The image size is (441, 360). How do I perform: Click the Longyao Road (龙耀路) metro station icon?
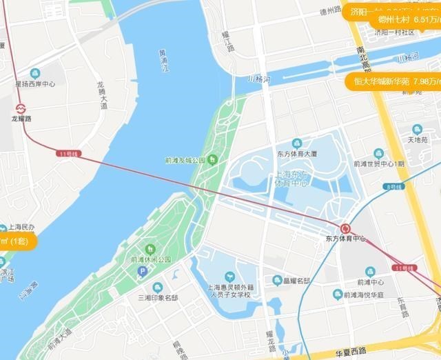pyautogui.click(x=21, y=108)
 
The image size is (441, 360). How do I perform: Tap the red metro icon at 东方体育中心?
pyautogui.click(x=346, y=228)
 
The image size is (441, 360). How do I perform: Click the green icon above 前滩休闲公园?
pyautogui.click(x=150, y=249)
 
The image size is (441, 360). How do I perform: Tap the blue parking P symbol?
pyautogui.click(x=143, y=272)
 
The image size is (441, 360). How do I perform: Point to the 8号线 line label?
pyautogui.click(x=393, y=187)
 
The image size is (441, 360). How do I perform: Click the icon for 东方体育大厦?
pyautogui.click(x=297, y=143)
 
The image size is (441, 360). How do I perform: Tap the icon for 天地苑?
pyautogui.click(x=416, y=129)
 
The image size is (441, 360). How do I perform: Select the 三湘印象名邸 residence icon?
pyautogui.click(x=158, y=287)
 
